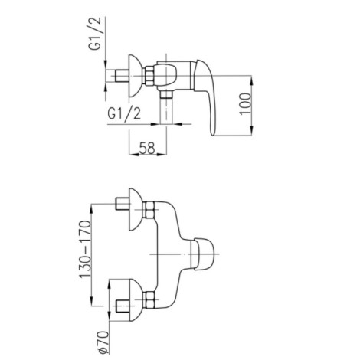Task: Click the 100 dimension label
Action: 245,103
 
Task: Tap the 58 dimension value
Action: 147,148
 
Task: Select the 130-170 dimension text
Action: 85,249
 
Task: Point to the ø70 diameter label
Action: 103,342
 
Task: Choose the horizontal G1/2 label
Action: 124,113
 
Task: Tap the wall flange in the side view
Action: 134,76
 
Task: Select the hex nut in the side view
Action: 149,76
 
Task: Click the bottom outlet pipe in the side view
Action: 166,108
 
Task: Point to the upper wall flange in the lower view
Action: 135,210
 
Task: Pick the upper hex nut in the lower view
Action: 149,210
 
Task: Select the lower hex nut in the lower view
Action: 149,299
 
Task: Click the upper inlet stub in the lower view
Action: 123,204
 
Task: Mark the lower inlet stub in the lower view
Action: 123,306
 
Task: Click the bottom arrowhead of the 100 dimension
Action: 252,131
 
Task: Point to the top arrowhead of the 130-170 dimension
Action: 92,209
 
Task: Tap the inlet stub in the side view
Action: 123,76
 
